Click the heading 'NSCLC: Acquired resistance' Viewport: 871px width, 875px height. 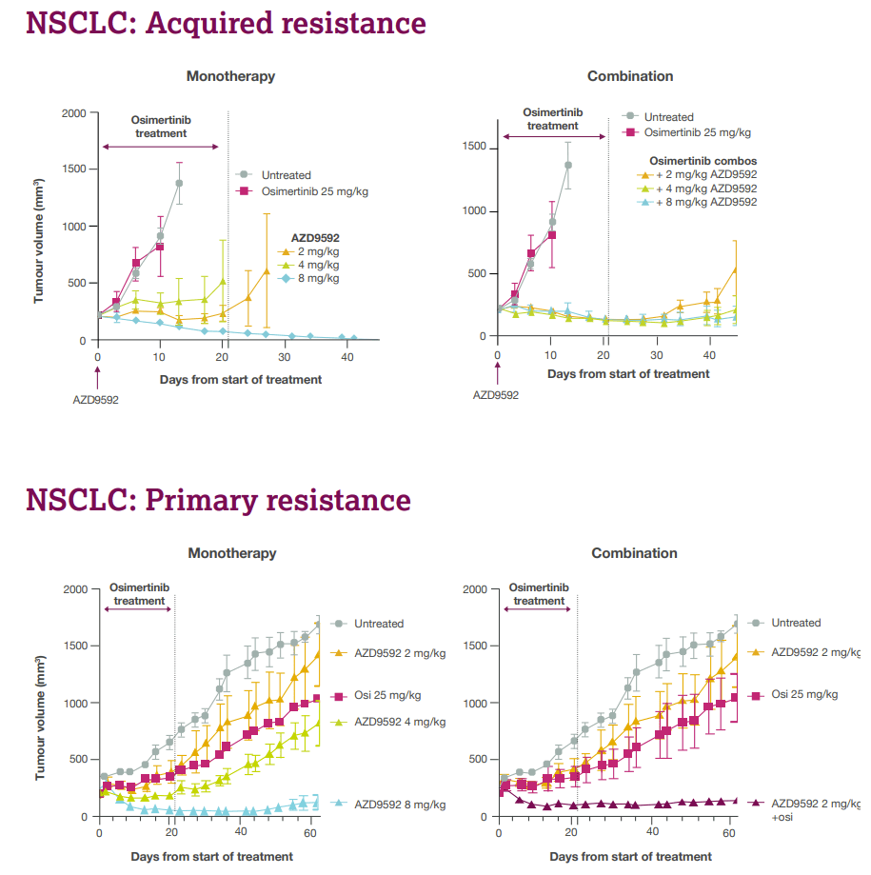(x=226, y=24)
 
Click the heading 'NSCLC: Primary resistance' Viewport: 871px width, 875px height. (x=218, y=500)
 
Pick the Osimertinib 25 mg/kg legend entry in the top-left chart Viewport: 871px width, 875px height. (x=303, y=191)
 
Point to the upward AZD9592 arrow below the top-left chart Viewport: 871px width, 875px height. (x=97, y=375)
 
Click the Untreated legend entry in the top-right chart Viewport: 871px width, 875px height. (x=668, y=117)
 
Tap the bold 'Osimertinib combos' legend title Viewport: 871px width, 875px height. (x=703, y=161)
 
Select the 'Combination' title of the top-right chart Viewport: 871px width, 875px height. (x=630, y=76)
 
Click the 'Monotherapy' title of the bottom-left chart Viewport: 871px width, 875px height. (x=232, y=553)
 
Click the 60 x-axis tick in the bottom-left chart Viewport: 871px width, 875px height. (x=311, y=833)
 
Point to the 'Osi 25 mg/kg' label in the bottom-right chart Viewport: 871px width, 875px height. (x=804, y=695)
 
